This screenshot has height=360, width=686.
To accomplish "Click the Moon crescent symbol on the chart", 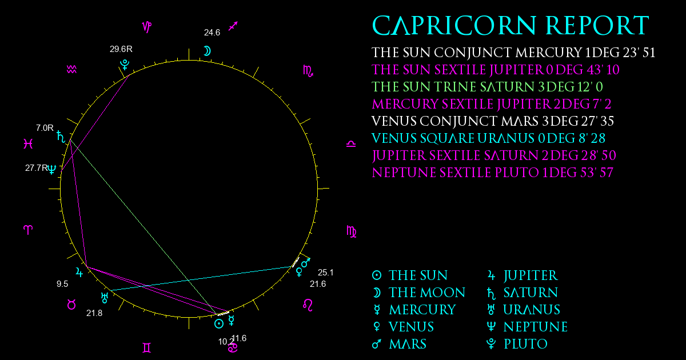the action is [x=208, y=51].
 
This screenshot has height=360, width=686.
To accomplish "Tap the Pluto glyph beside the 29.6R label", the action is [x=125, y=65].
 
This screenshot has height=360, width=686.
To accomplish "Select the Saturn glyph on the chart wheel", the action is [x=61, y=137].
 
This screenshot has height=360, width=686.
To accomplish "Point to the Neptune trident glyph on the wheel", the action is [x=52, y=169].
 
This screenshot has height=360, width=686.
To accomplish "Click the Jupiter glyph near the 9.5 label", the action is [x=79, y=272].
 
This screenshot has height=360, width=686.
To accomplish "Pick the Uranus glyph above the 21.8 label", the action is [x=105, y=298].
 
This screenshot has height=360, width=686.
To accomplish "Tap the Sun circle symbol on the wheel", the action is [x=218, y=323].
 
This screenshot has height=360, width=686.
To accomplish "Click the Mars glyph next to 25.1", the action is [x=306, y=262].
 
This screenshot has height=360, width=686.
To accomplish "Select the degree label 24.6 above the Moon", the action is [x=212, y=33].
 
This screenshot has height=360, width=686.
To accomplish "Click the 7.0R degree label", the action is [x=45, y=127].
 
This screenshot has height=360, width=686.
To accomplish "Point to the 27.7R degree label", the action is [x=37, y=168].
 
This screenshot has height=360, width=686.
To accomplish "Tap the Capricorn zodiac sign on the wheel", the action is [x=147, y=27].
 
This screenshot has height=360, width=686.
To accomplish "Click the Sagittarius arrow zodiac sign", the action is [x=233, y=26].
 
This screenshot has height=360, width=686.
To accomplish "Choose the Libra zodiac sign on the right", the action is [x=351, y=144].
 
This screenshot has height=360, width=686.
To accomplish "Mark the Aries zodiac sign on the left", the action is [x=28, y=230].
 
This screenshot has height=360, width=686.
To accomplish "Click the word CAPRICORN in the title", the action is [x=454, y=25].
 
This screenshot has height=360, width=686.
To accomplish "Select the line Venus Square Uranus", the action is [x=488, y=138].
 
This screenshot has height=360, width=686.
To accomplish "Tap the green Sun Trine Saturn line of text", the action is [x=487, y=87].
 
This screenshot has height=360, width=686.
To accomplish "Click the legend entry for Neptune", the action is [x=527, y=327].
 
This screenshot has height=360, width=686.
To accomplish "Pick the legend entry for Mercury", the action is [x=414, y=310].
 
